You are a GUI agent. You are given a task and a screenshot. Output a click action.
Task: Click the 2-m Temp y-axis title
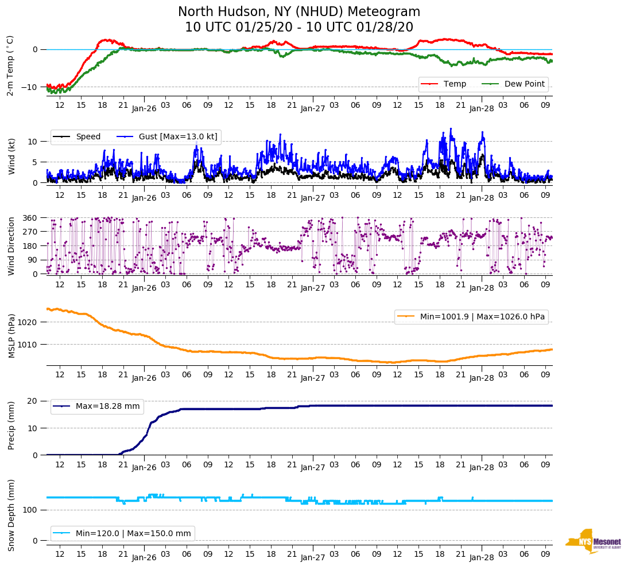click(10, 65)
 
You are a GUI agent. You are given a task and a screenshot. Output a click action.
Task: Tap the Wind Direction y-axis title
click(11, 246)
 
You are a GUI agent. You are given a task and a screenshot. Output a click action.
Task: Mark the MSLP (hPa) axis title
click(11, 335)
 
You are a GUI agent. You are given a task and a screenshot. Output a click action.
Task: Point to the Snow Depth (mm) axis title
click(11, 514)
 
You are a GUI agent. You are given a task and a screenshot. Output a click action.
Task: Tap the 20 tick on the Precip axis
click(33, 401)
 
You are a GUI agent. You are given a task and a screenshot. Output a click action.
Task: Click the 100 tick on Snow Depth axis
click(30, 510)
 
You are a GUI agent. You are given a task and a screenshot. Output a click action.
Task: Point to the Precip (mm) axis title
click(11, 428)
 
